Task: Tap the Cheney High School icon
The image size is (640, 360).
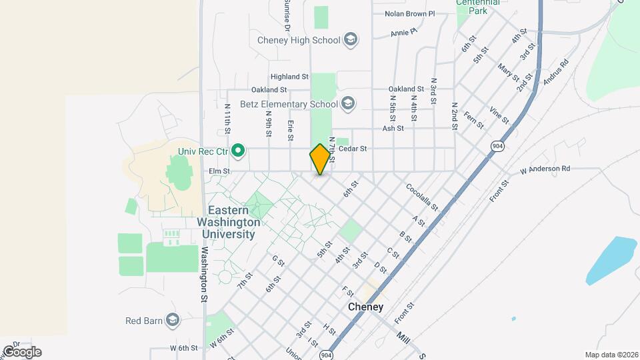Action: click(x=349, y=40)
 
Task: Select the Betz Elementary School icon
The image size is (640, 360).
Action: click(x=347, y=103)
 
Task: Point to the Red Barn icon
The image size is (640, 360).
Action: click(x=173, y=321)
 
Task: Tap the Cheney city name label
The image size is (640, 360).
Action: click(x=366, y=307)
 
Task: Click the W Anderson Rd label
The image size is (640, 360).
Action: click(x=545, y=169)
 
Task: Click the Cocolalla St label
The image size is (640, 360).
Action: click(x=422, y=197)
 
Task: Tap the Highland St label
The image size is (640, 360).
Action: click(x=289, y=77)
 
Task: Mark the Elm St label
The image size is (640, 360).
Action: click(x=219, y=171)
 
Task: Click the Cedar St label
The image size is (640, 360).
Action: click(x=353, y=149)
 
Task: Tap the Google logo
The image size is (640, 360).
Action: click(x=21, y=351)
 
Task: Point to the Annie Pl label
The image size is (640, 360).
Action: click(x=403, y=31)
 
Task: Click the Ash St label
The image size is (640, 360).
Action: click(x=393, y=128)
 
